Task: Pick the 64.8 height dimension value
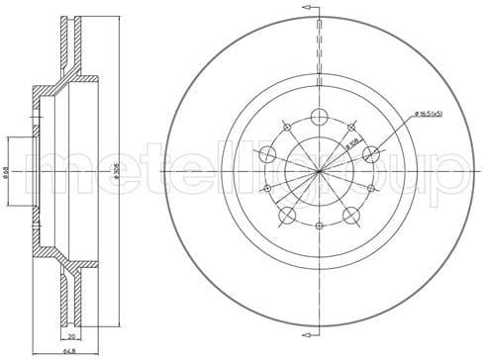68,350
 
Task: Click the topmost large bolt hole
319,115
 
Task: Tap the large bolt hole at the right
372,153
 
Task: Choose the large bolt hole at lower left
286,217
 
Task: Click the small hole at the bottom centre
319,227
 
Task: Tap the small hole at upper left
286,127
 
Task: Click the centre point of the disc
319,171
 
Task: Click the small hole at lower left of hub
265,189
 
